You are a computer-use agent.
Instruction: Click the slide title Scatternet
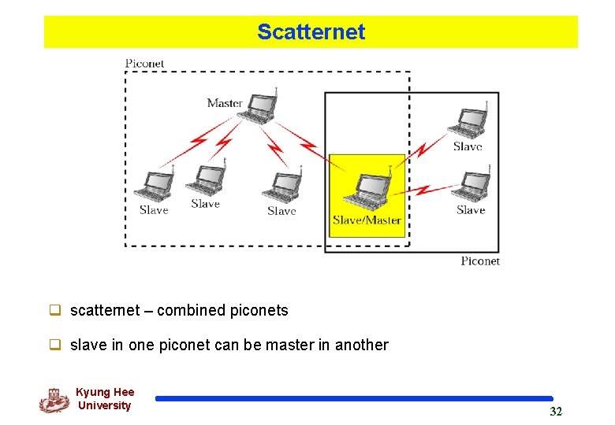(x=311, y=32)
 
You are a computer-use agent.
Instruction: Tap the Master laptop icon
(x=259, y=107)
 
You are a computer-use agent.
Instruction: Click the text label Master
(x=225, y=103)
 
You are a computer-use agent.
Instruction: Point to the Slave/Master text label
(x=367, y=220)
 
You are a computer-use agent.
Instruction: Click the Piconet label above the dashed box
(x=145, y=63)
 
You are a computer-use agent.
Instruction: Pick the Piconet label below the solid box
(x=480, y=261)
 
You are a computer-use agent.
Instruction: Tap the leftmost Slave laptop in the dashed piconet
(x=153, y=186)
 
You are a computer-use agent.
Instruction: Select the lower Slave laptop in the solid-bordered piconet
(x=473, y=186)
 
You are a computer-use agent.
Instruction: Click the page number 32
(x=556, y=412)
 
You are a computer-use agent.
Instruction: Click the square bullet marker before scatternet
(x=56, y=310)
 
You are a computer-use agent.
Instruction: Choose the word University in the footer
(x=104, y=405)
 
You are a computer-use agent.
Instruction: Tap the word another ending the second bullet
(x=362, y=345)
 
